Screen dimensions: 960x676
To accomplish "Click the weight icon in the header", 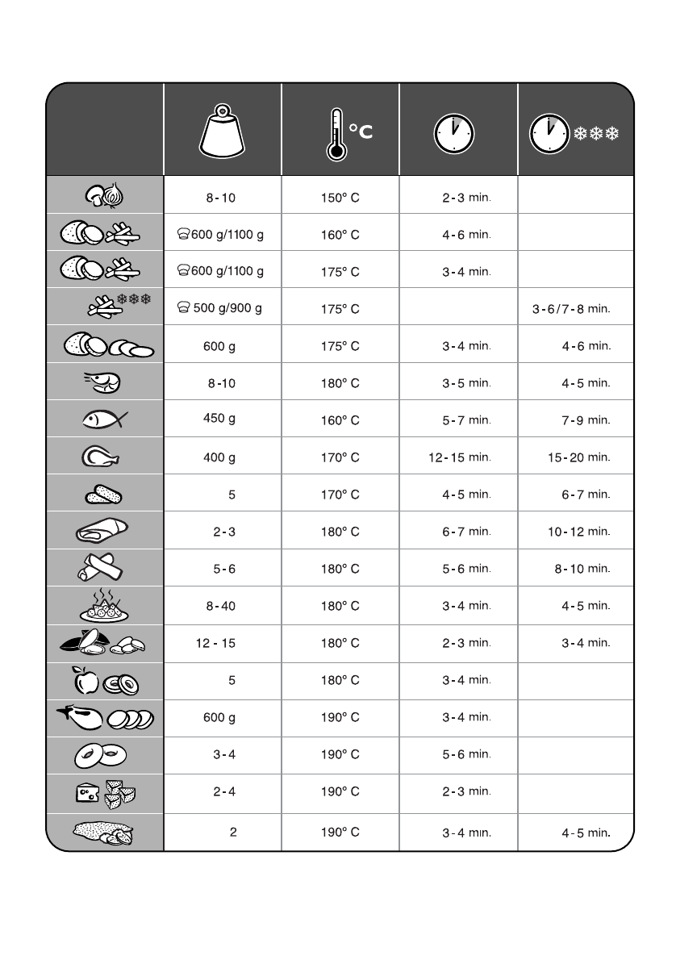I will point(222,132).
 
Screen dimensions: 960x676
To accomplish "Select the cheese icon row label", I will point(87,794).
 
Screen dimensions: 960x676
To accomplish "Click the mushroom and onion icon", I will point(105,194).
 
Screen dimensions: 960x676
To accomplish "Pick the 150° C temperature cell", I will point(340,197).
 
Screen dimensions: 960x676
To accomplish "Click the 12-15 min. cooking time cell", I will point(459,457).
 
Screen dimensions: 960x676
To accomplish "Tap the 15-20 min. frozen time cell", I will point(578,457).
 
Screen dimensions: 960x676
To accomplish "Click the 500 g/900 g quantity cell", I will point(220,308).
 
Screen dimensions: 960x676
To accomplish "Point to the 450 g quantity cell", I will point(219,418).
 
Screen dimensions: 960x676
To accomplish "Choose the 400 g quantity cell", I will point(219,457).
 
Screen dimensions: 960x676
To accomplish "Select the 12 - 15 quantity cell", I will point(215,643).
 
